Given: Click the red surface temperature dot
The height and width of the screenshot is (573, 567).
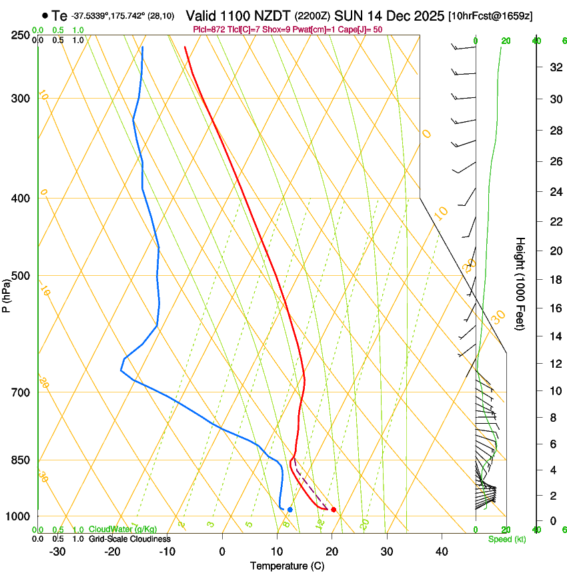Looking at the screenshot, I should point(334,510).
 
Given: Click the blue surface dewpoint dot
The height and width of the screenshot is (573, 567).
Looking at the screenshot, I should point(290,510).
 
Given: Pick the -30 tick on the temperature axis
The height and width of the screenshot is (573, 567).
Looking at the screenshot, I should point(57,552).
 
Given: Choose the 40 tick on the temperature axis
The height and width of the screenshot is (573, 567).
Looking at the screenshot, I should point(441,552).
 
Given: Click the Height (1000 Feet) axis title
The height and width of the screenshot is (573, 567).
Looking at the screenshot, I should point(521,283).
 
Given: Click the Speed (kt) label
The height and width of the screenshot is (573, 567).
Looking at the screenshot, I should point(506,539).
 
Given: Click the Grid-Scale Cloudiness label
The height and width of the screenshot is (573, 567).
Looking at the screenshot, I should point(129,539).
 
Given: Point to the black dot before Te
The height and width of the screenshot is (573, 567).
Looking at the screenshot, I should point(45,15).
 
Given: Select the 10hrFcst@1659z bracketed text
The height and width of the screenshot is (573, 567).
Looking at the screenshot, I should point(490,15).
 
